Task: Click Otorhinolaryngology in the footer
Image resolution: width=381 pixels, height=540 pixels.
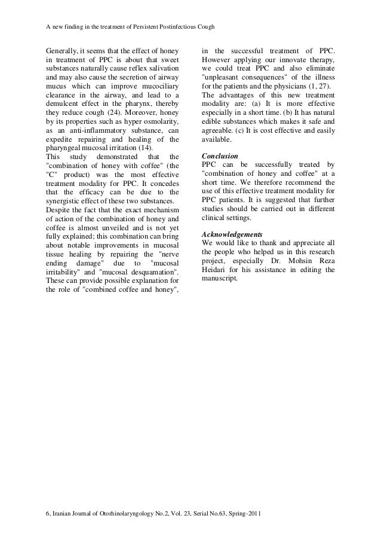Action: [x=127, y=514]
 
